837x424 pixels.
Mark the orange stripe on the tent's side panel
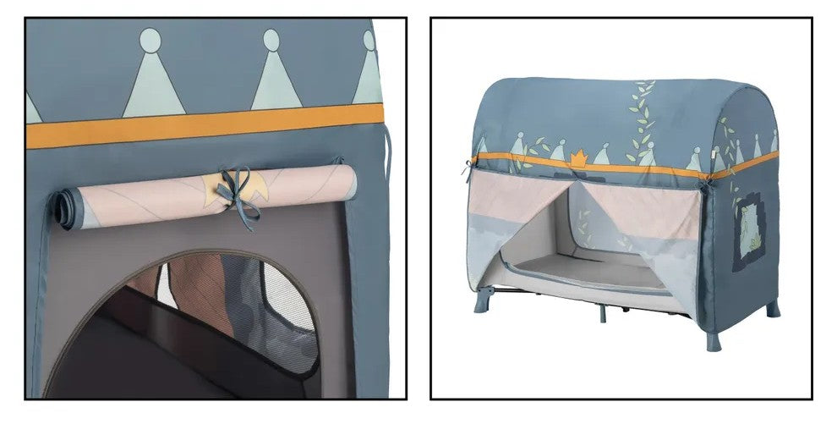(744, 163)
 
